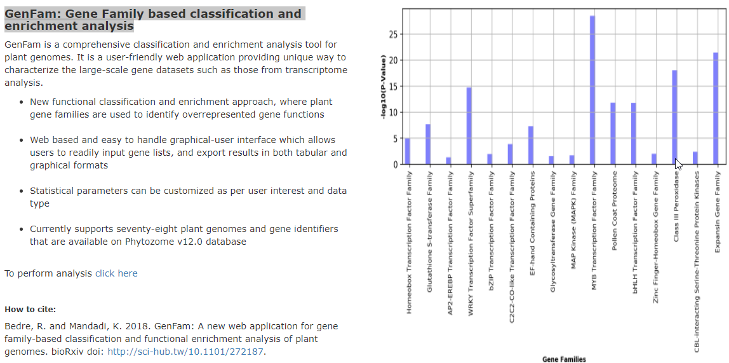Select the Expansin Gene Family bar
(716, 109)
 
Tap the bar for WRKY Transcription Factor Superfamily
(469, 126)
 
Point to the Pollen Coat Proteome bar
(613, 134)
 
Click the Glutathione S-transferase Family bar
(428, 144)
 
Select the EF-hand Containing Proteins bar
(531, 145)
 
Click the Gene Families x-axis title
(564, 359)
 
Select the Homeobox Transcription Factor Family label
(408, 242)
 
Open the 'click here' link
(116, 273)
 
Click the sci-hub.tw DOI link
(185, 352)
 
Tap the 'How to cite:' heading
(30, 310)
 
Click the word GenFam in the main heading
(31, 13)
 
